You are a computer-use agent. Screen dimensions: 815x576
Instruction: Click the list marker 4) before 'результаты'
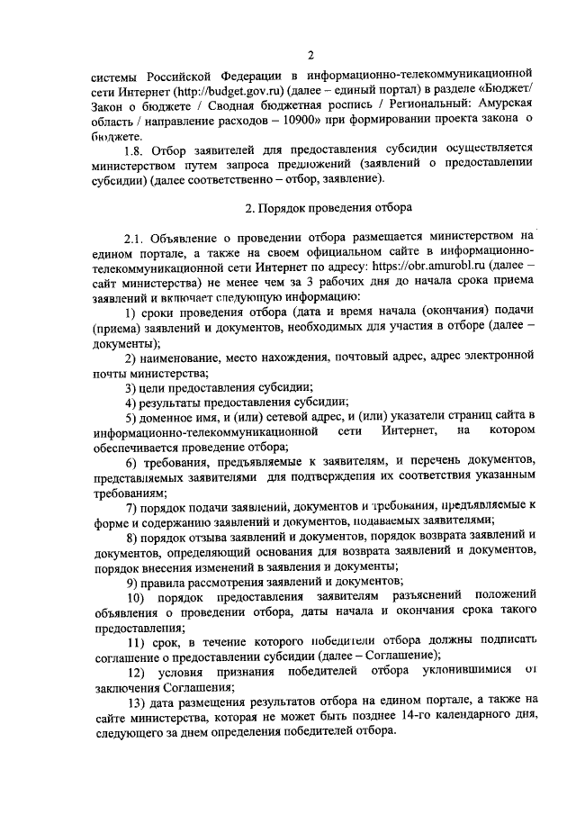pyautogui.click(x=131, y=402)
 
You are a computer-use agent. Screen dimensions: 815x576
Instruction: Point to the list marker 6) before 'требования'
pyautogui.click(x=131, y=462)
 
